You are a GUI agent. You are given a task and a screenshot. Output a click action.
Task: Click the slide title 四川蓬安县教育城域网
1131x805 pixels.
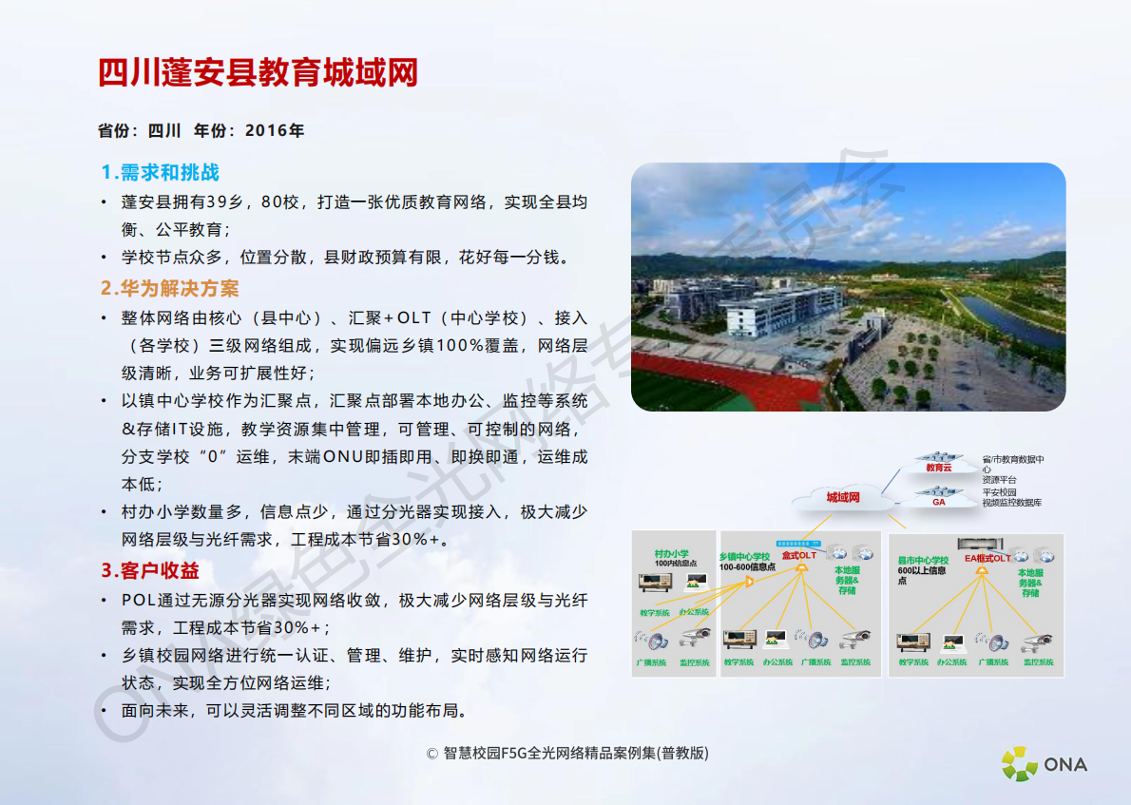[x=258, y=72]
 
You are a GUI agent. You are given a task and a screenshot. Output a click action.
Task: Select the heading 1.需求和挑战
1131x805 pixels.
[x=160, y=172]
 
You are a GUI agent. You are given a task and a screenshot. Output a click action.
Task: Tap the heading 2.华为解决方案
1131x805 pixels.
[x=170, y=288]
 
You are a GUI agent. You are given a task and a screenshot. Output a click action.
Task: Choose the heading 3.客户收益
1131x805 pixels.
[x=150, y=571]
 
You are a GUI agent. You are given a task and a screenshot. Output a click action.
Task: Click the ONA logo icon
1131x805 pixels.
[x=1020, y=764]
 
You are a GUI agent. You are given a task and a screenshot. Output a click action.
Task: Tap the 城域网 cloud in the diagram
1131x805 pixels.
[x=842, y=497]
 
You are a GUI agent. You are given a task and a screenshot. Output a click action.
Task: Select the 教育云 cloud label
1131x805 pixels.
[x=939, y=468]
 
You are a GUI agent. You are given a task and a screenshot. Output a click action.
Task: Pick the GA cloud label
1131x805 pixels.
[x=938, y=502]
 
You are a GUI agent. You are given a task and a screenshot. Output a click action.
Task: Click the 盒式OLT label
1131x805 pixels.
[x=798, y=555]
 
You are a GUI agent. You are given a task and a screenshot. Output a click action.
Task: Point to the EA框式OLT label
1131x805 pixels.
[x=987, y=559]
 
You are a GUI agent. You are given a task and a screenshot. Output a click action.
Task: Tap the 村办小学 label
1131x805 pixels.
[x=671, y=553]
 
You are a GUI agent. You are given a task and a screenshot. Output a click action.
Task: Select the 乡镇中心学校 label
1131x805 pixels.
[x=745, y=556]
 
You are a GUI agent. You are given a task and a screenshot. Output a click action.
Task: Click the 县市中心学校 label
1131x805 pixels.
[x=924, y=560]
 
